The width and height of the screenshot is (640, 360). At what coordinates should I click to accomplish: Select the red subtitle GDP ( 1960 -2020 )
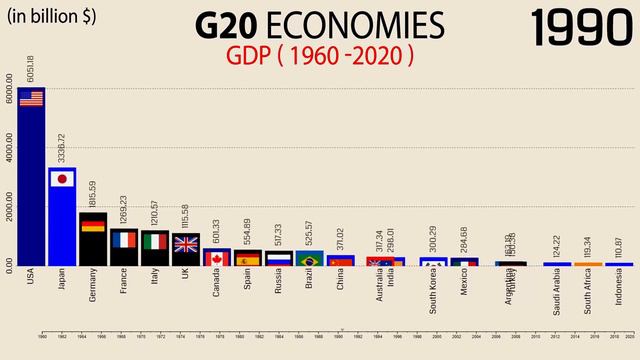click(x=320, y=56)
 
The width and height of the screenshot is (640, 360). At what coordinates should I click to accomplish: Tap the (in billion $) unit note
click(x=52, y=16)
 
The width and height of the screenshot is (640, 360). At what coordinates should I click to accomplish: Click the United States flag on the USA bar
click(x=31, y=98)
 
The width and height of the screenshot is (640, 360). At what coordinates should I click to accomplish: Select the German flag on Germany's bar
click(x=93, y=224)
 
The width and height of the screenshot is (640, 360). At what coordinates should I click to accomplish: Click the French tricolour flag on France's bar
click(x=124, y=239)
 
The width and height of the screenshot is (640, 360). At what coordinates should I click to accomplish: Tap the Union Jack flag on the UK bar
click(x=186, y=243)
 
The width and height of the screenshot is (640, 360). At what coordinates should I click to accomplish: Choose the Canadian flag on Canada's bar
click(x=217, y=258)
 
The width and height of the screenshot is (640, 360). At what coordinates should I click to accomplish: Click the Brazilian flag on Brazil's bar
click(x=310, y=260)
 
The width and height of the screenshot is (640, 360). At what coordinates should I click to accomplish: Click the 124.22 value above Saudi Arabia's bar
click(x=556, y=245)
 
